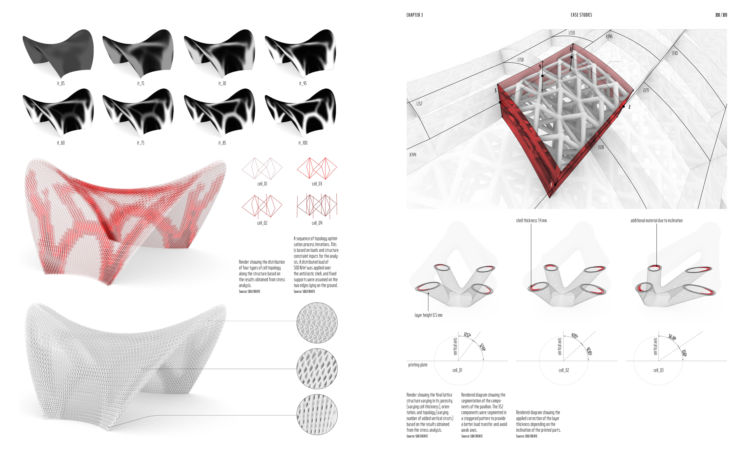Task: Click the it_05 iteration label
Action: click(x=61, y=83)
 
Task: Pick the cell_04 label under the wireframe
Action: click(x=317, y=223)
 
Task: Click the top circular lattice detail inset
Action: click(x=317, y=323)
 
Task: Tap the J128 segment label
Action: click(x=601, y=147)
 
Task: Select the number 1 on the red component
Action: click(x=551, y=184)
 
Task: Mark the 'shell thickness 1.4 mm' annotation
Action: click(x=531, y=220)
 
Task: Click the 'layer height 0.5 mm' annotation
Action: click(x=428, y=315)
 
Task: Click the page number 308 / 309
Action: click(x=721, y=15)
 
